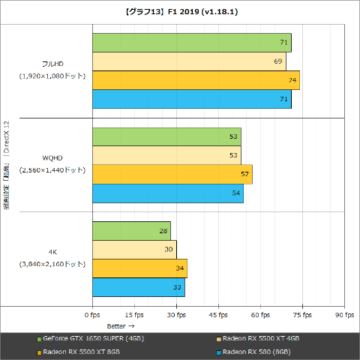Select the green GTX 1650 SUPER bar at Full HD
pyautogui.click(x=191, y=43)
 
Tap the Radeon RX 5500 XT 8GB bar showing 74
pyautogui.click(x=196, y=80)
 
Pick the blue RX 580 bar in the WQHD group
pyautogui.click(x=167, y=193)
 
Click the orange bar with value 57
pyautogui.click(x=172, y=175)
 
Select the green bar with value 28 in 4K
pyautogui.click(x=131, y=231)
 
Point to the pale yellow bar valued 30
pyautogui.click(x=134, y=250)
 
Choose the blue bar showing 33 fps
pyautogui.click(x=138, y=287)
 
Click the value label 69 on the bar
pyautogui.click(x=278, y=61)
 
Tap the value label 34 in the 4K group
pyautogui.click(x=179, y=268)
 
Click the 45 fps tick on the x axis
pyautogui.click(x=218, y=315)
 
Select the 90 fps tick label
pyautogui.click(x=344, y=315)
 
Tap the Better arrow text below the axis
pyautogui.click(x=120, y=326)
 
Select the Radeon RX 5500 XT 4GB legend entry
pyautogui.click(x=261, y=339)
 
